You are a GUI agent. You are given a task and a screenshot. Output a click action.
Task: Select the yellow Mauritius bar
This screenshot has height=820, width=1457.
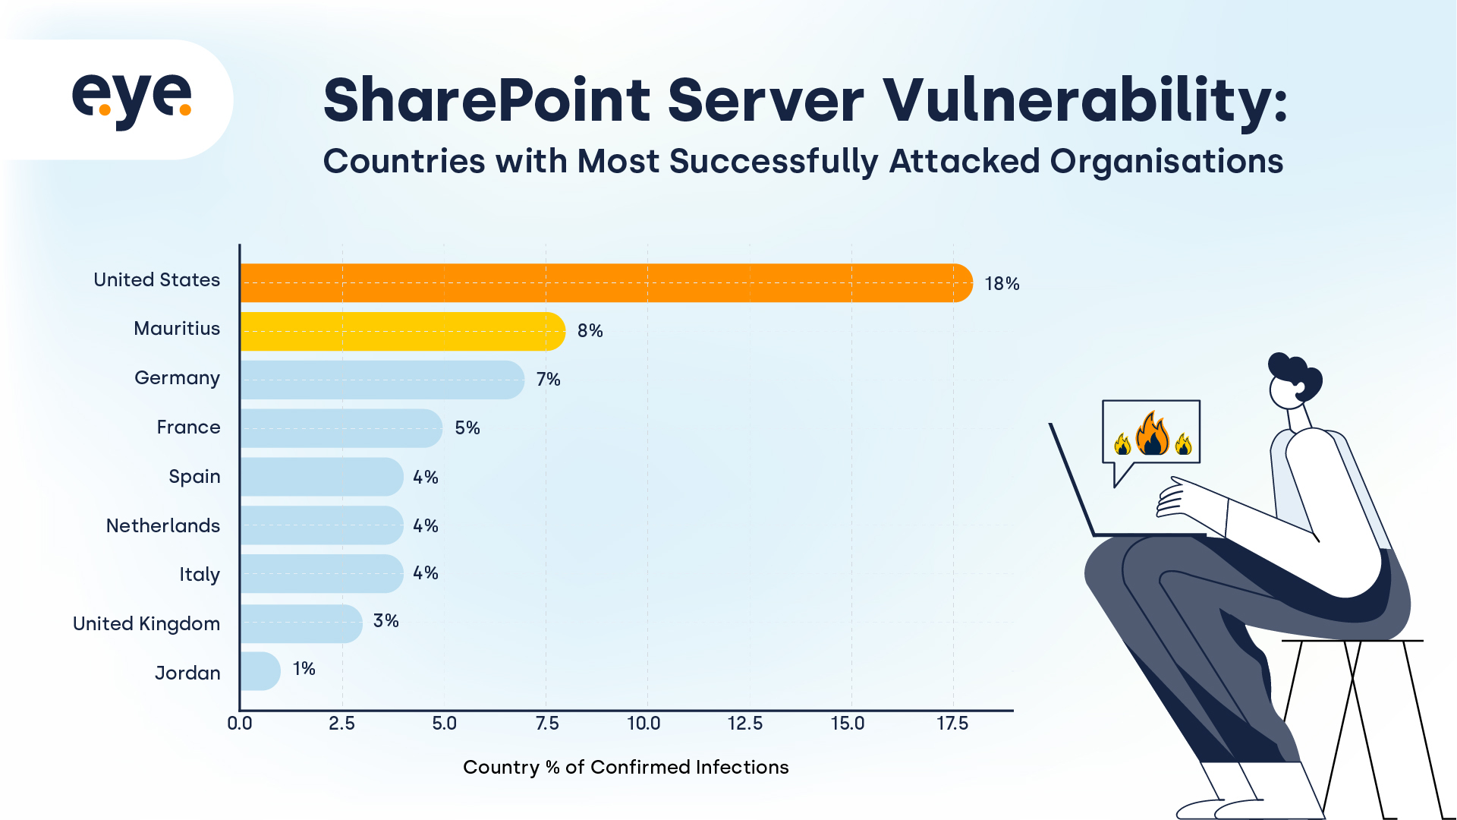point(402,331)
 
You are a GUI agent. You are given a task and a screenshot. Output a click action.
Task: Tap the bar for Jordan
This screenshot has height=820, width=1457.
point(260,671)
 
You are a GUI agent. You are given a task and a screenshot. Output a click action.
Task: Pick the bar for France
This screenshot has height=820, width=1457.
point(341,428)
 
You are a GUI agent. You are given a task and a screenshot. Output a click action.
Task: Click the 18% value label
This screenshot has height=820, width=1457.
point(1002,284)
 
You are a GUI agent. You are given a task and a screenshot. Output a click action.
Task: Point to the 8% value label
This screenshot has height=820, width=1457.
point(590,331)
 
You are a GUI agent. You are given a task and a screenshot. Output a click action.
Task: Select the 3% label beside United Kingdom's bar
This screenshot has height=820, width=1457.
point(385,621)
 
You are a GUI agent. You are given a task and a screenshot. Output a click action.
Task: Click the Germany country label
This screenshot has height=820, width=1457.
point(177,378)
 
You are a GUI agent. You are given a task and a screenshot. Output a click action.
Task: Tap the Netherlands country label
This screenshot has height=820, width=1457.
point(162,525)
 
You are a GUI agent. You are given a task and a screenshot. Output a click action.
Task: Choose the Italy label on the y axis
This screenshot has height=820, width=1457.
point(199,575)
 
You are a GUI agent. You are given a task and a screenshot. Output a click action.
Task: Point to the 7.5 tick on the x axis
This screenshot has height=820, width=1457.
point(546,724)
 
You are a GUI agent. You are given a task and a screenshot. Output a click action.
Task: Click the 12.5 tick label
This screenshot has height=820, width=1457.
point(744,724)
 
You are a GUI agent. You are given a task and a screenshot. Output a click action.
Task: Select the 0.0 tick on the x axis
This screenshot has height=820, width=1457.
point(240,724)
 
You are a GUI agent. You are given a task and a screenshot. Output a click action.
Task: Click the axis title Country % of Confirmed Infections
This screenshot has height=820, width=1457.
point(625,768)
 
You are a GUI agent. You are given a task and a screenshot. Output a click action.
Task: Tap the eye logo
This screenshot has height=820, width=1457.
point(132,99)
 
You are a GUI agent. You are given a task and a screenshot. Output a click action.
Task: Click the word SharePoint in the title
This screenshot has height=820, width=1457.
point(486,100)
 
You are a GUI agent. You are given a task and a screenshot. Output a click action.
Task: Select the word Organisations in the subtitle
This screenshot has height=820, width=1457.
point(1166,162)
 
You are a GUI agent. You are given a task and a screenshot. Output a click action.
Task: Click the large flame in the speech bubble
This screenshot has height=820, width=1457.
point(1152,434)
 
